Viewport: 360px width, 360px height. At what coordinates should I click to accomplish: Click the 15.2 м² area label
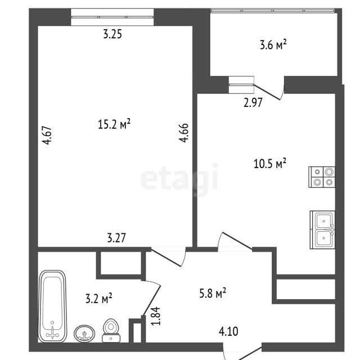pyautogui.click(x=114, y=124)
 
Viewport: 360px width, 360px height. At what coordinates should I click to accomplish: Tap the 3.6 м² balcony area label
pyautogui.click(x=273, y=44)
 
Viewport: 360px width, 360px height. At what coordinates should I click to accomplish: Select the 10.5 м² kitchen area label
pyautogui.click(x=270, y=164)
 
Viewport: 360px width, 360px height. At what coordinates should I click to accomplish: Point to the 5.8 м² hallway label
pyautogui.click(x=213, y=293)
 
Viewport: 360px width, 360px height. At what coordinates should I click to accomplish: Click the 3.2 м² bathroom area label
pyautogui.click(x=99, y=299)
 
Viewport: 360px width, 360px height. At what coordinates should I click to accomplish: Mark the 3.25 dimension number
pyautogui.click(x=112, y=34)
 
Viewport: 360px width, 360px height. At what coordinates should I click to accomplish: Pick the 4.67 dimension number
pyautogui.click(x=47, y=135)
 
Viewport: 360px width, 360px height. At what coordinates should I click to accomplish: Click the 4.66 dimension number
pyautogui.click(x=184, y=133)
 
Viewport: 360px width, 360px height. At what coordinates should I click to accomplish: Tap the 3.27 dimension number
pyautogui.click(x=116, y=238)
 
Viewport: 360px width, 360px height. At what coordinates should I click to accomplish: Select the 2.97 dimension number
pyautogui.click(x=253, y=102)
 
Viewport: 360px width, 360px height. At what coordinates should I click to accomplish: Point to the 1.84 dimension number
pyautogui.click(x=156, y=316)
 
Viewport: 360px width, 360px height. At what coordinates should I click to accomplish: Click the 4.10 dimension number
pyautogui.click(x=229, y=331)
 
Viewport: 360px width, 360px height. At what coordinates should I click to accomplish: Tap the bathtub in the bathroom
pyautogui.click(x=52, y=306)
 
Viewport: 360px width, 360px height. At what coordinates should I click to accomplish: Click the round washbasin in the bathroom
pyautogui.click(x=84, y=334)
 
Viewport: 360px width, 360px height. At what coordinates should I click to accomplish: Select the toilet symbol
pyautogui.click(x=111, y=331)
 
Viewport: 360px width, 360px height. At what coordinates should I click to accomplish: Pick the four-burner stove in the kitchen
pyautogui.click(x=322, y=177)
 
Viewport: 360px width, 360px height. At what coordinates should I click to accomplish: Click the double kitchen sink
pyautogui.click(x=322, y=229)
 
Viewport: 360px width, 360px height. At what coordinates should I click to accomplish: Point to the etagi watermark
pyautogui.click(x=179, y=178)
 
